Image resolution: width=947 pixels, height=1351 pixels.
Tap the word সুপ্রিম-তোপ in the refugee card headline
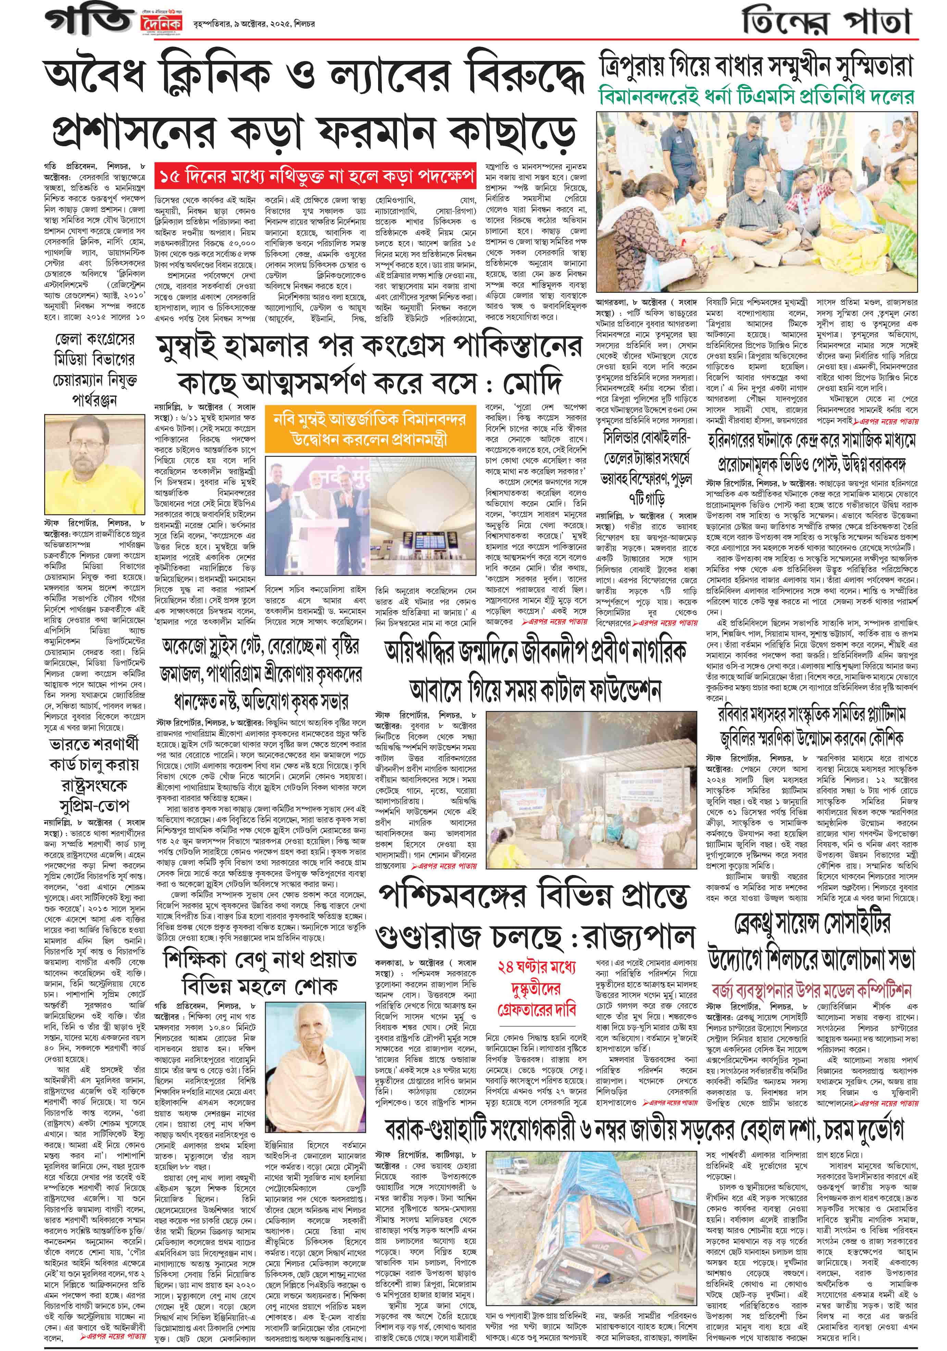coord(94,805)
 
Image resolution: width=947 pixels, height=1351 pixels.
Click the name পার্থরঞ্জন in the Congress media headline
coord(94,400)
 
